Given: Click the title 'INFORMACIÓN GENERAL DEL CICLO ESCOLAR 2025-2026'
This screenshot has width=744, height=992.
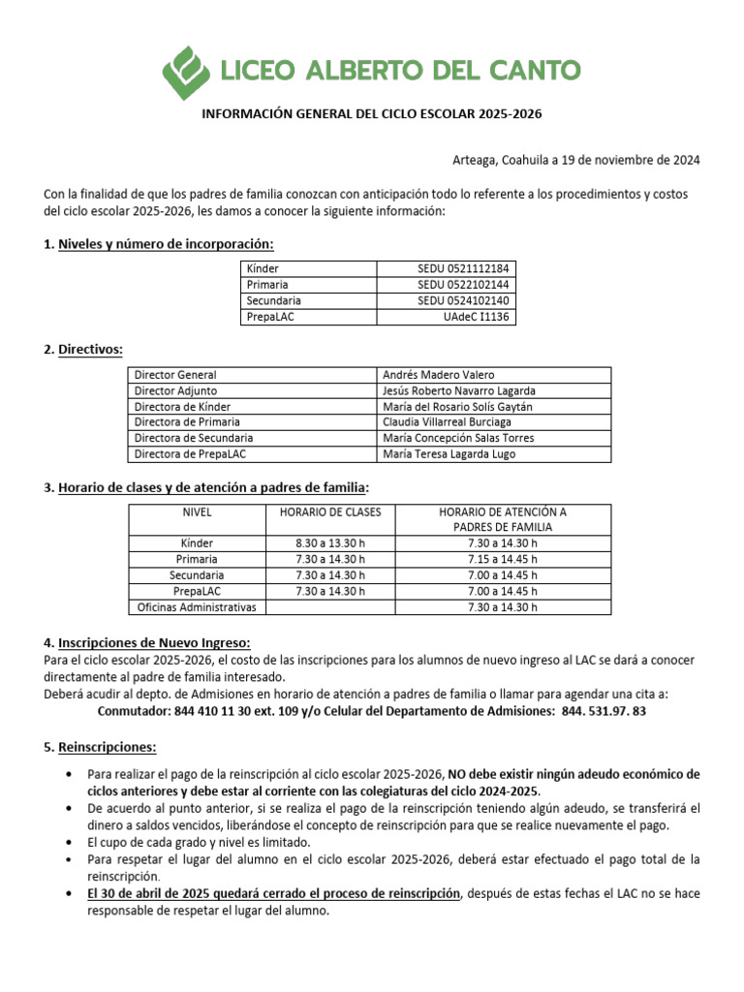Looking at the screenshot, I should pos(371,114).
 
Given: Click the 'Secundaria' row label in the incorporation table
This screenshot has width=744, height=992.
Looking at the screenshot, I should pos(274,301).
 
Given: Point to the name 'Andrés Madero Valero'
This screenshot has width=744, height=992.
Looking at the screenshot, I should pos(438,375).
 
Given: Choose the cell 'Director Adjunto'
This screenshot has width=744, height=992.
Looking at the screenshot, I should pos(176,390).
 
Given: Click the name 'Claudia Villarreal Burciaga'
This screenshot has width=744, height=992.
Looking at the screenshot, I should pos(451,422).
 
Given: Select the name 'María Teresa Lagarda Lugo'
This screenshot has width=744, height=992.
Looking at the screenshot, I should pos(449,453).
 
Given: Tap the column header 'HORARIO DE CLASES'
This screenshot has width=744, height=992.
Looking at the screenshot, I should pos(330,511).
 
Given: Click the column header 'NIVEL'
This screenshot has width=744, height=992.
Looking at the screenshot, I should pos(197,511).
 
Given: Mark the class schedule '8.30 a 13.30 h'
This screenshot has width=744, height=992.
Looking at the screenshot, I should pos(330,543).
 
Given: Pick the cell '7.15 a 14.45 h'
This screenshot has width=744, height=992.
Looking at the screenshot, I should pos(502,560).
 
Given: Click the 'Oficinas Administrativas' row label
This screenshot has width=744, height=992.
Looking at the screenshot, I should pos(197,607).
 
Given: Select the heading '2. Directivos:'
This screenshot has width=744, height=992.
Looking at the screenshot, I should pos(83,349).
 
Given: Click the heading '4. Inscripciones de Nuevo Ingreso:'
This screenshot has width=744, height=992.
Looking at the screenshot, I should pos(146,642).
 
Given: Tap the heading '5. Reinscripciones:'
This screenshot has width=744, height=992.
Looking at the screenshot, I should pos(100,747).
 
